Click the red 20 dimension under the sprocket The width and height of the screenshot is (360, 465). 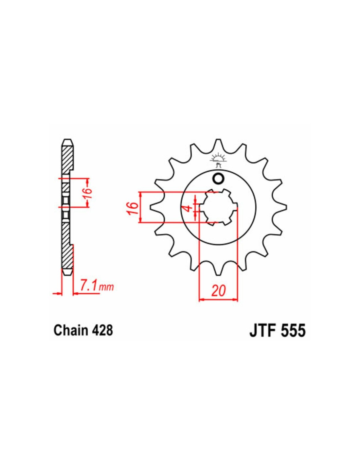point(219,291)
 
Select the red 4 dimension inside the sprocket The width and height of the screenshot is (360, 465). point(188,208)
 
